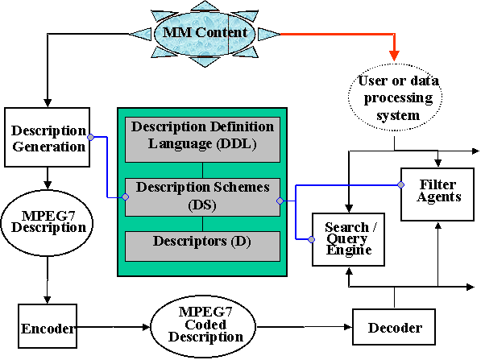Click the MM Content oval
pyautogui.click(x=205, y=34)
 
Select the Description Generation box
pyautogui.click(x=48, y=137)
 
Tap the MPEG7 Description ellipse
pyautogui.click(x=47, y=223)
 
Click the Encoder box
pyautogui.click(x=48, y=326)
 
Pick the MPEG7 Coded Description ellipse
pyautogui.click(x=203, y=326)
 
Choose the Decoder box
pyautogui.click(x=394, y=327)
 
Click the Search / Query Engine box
pyautogui.click(x=348, y=239)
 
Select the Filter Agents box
pyautogui.click(x=437, y=194)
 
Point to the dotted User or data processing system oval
pyautogui.click(x=395, y=97)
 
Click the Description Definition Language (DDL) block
pyautogui.click(x=202, y=139)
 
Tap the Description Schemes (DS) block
pyautogui.click(x=202, y=197)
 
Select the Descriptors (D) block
pyautogui.click(x=202, y=246)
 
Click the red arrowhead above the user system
pyautogui.click(x=394, y=56)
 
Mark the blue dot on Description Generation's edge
pyautogui.click(x=90, y=137)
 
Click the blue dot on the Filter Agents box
pyautogui.click(x=401, y=184)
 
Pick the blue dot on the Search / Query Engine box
pyautogui.click(x=311, y=239)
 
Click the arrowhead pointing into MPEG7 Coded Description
pyautogui.click(x=147, y=327)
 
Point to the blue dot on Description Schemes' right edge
pyautogui.click(x=280, y=201)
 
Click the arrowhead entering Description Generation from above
pyautogui.click(x=48, y=102)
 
